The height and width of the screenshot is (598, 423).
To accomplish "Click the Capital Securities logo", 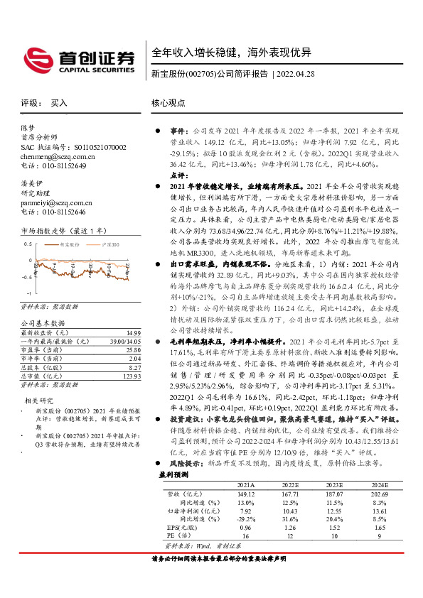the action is point(79,60).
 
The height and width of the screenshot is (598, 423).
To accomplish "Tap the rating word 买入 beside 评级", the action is point(59,103).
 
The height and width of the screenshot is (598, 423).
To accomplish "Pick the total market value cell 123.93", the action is point(131,376).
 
